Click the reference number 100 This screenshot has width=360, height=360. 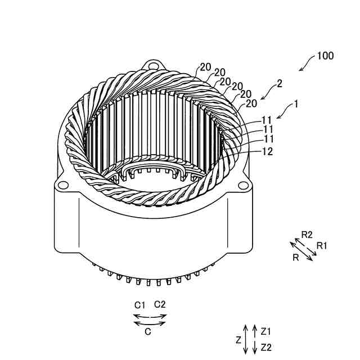click(x=325, y=56)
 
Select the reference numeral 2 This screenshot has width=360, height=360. click(x=280, y=83)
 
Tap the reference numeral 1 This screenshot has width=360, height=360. click(x=296, y=104)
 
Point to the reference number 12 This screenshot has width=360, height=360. click(x=268, y=151)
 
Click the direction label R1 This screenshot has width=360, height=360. click(x=322, y=245)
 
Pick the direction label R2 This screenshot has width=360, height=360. click(x=307, y=234)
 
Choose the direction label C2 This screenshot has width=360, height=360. click(x=160, y=304)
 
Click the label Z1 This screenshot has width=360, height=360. click(x=267, y=331)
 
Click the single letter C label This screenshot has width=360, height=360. click(x=148, y=331)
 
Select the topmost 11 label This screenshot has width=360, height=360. click(x=267, y=120)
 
